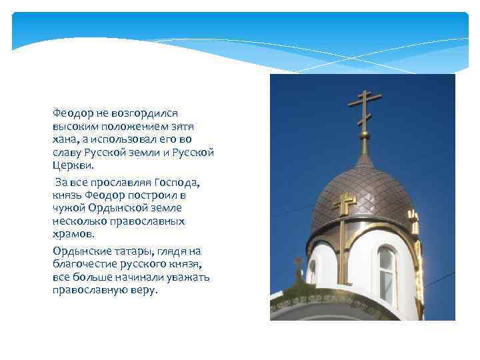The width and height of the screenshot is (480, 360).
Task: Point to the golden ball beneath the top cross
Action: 364,137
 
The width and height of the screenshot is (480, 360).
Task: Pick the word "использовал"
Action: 133,139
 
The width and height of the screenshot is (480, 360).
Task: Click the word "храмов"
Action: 72,233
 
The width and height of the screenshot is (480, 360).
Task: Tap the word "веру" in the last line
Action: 141,289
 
